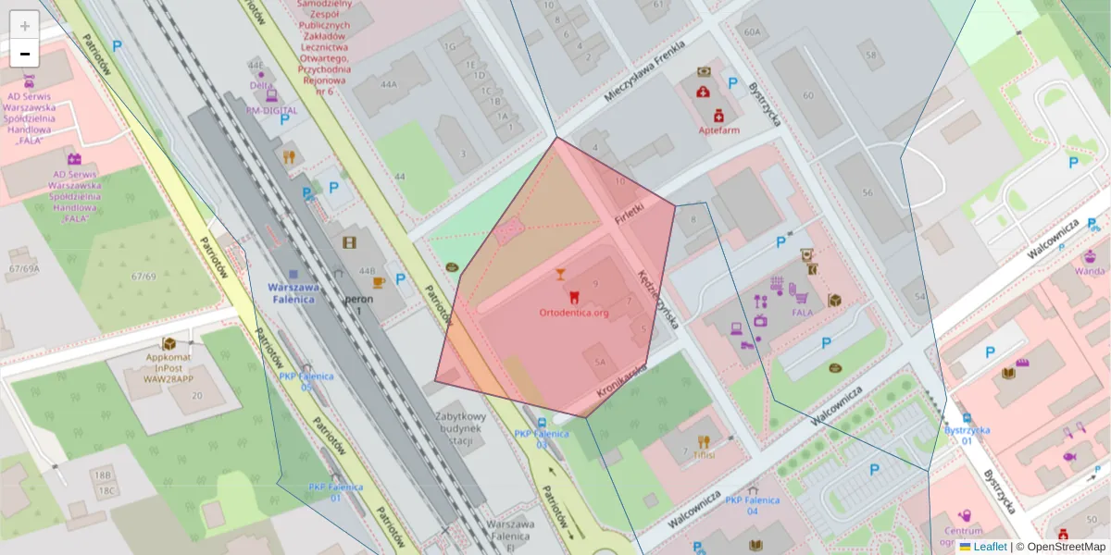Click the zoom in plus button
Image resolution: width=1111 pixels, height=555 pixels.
coord(25,26)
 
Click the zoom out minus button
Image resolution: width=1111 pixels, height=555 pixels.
coord(25,54)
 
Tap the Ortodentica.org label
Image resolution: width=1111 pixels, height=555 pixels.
coord(574,313)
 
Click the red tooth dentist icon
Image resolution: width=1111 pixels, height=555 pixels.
coord(572,297)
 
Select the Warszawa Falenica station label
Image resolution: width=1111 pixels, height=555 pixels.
coord(293,292)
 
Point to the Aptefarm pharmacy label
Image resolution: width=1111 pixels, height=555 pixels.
coord(718,130)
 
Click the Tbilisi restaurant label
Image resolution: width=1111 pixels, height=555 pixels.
coord(704,455)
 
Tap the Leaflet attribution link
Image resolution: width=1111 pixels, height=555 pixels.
coord(990,547)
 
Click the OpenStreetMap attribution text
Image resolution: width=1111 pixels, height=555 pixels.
coord(1065,547)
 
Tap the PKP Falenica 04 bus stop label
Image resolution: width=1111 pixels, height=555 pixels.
coord(753,505)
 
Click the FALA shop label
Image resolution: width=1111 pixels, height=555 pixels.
coord(802,313)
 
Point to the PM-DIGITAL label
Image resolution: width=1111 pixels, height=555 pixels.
coord(271,110)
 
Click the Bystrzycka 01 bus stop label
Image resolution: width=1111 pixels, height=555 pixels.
coord(967,435)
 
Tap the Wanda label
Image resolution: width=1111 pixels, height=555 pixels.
coord(1090,271)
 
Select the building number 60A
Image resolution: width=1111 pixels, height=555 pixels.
coord(751,31)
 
